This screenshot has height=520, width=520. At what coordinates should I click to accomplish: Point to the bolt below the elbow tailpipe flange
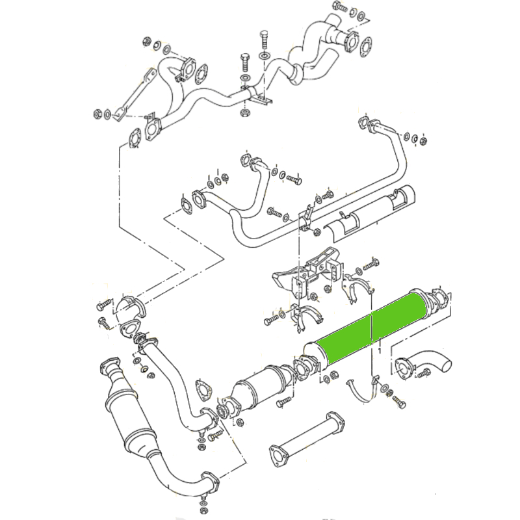[x=424, y=374]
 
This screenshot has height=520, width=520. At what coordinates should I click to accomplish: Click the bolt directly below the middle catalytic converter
[x=281, y=404]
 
